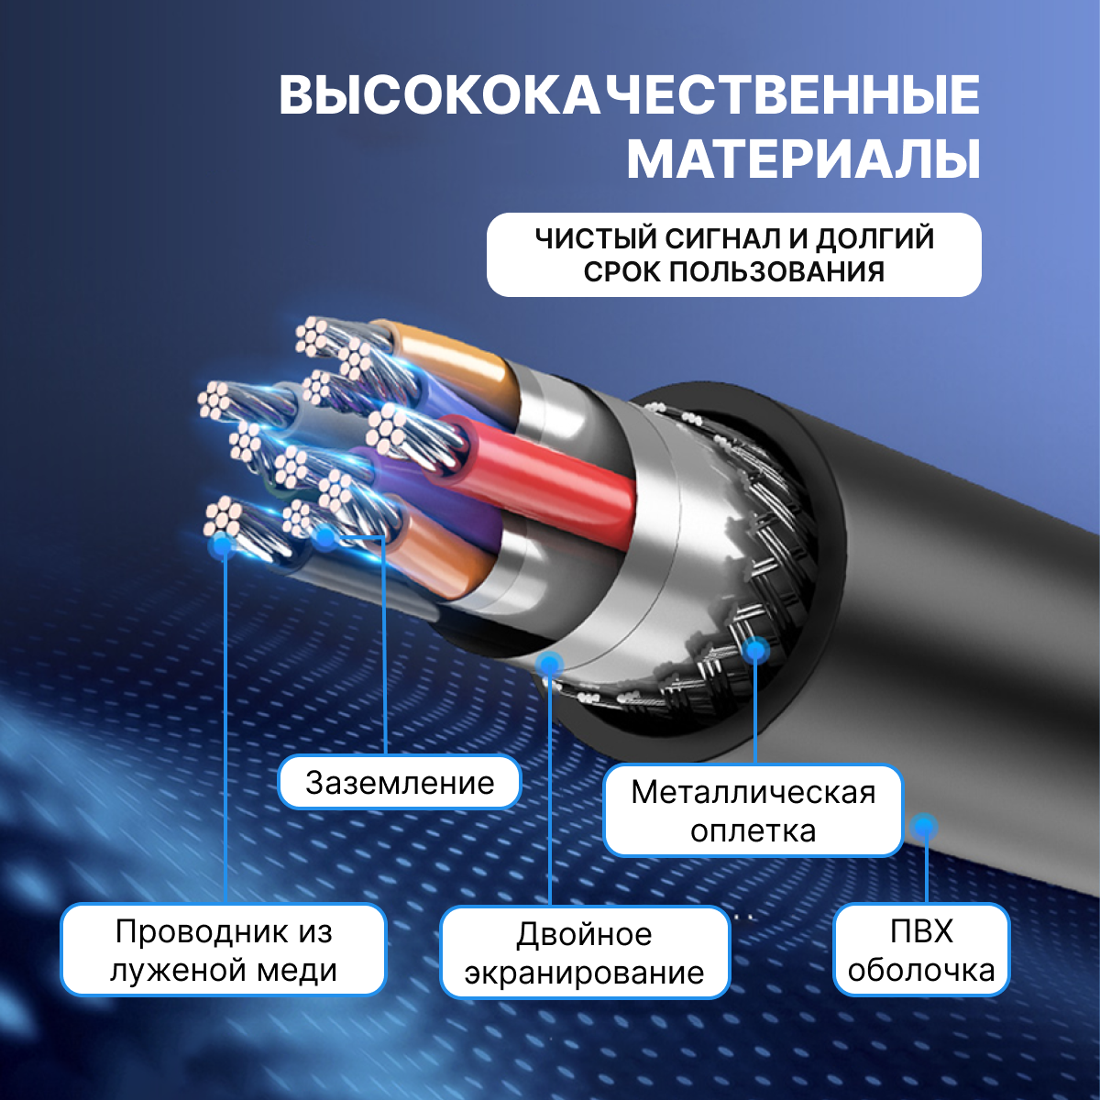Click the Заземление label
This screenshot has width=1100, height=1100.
coord(400,782)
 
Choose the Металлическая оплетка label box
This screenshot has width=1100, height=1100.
coord(753,810)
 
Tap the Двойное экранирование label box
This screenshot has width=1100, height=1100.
coord(585,952)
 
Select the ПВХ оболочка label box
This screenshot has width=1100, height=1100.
coord(921,950)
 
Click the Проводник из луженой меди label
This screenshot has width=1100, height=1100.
coord(223,950)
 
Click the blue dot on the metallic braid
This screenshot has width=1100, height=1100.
coord(755,649)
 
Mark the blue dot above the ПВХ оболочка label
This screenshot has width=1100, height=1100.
coord(923,826)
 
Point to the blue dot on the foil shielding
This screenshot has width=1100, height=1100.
coord(549,664)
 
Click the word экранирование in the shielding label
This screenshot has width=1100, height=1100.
coord(585,973)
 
